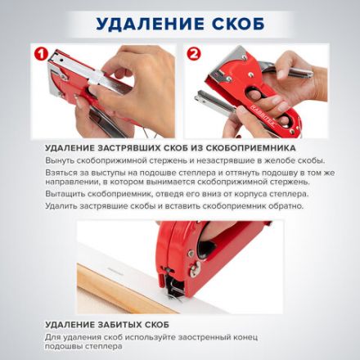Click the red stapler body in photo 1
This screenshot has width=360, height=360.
pyautogui.click(x=74, y=74)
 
